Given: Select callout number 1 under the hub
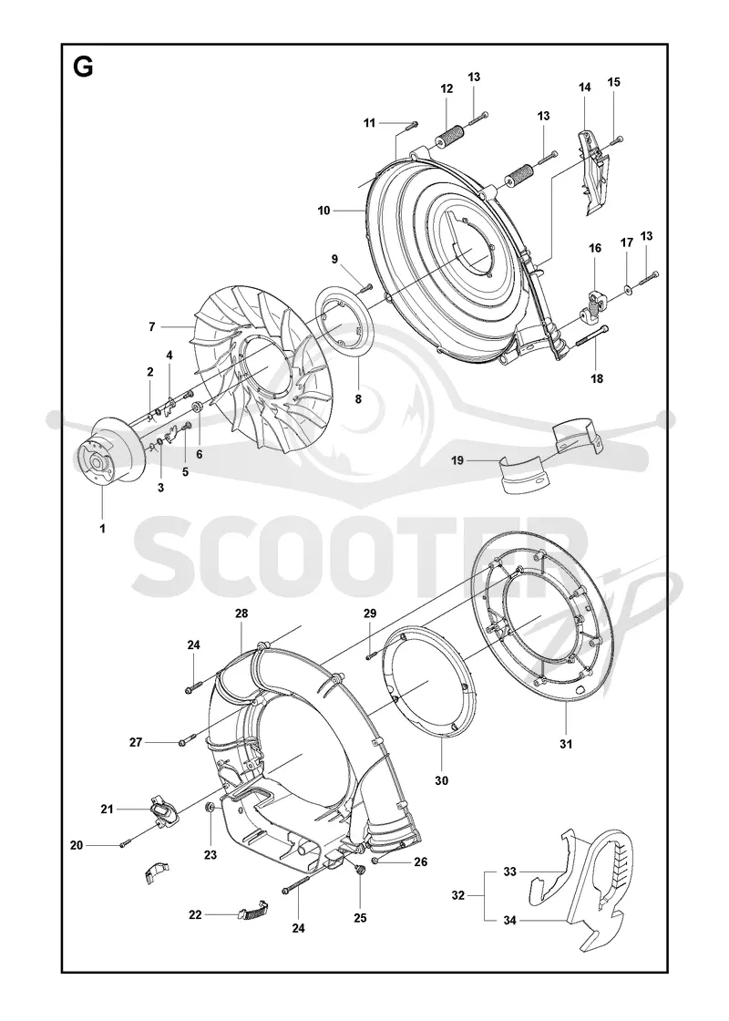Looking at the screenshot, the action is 102,528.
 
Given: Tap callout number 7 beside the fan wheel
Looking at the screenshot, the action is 151,327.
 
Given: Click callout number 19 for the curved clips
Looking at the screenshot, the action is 457,460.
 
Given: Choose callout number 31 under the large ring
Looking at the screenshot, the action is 566,744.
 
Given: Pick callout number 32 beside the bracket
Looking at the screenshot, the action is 458,895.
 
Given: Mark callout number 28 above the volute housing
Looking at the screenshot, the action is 241,614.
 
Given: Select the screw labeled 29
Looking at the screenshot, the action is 370,655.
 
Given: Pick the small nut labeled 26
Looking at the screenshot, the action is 375,861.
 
